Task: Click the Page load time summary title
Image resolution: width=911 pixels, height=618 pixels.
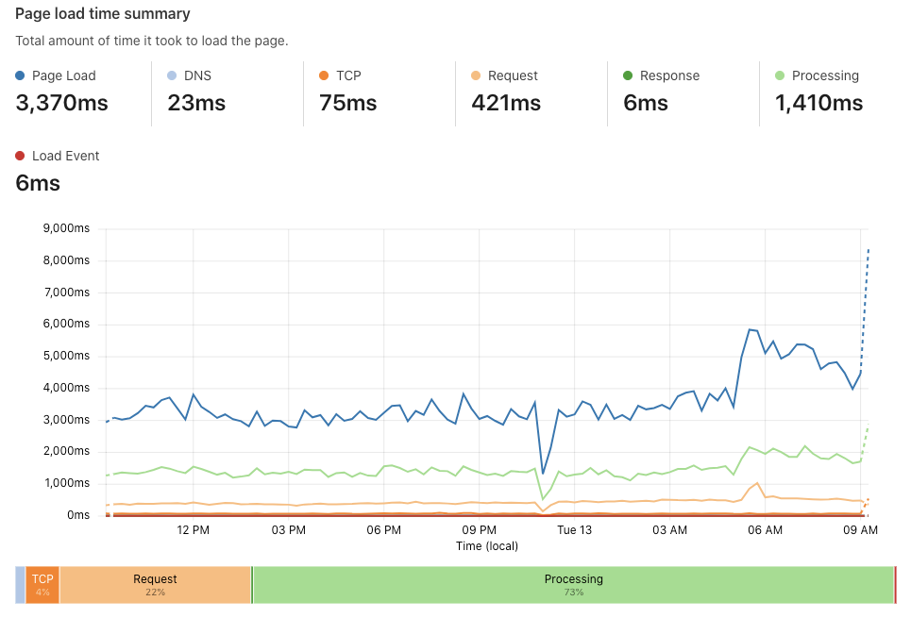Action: point(102,14)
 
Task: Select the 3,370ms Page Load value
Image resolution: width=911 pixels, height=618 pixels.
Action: point(61,103)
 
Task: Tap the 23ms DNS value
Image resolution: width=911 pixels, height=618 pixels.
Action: point(196,103)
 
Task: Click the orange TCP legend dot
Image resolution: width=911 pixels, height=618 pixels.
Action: point(324,75)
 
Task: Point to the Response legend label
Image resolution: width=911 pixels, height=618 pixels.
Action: point(669,75)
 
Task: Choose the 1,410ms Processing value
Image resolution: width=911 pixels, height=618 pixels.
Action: point(818,103)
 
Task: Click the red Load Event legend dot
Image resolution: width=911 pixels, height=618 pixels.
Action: point(21,156)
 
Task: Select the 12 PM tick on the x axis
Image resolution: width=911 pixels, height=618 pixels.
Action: point(193,530)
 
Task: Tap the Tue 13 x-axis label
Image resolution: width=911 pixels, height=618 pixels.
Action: point(574,530)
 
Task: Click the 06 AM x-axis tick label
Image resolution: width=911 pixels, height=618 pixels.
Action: point(765,530)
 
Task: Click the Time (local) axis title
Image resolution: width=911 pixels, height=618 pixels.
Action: point(488,545)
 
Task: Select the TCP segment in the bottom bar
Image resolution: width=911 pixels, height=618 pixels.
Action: point(42,585)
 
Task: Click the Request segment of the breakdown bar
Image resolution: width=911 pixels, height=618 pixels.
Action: point(155,585)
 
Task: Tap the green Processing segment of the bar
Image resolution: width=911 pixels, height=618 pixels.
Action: point(573,585)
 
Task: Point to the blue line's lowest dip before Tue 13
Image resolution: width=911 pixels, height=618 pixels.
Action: point(543,474)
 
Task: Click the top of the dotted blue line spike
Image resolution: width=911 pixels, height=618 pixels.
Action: point(869,249)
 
